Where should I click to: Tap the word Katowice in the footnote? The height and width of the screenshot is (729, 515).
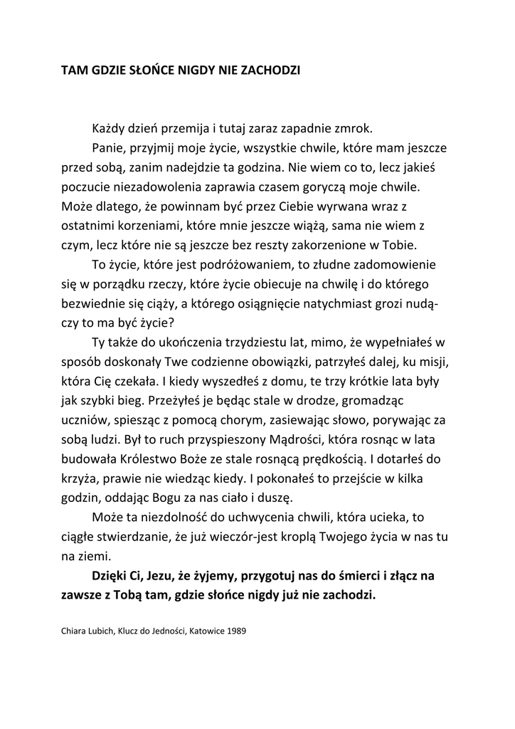pyautogui.click(x=204, y=631)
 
